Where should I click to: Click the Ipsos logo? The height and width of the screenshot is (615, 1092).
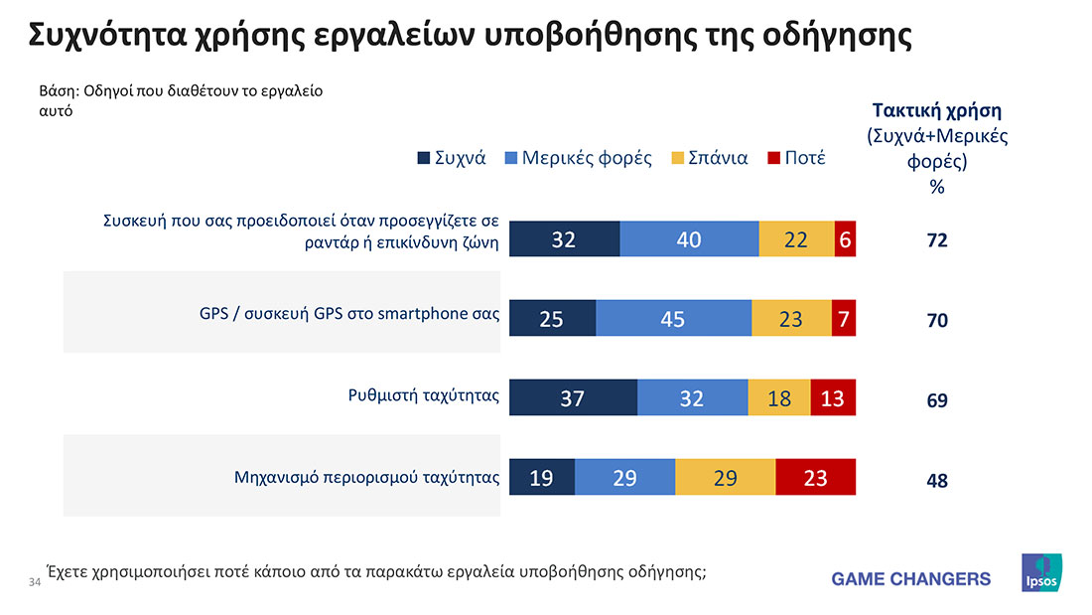click(x=1041, y=573)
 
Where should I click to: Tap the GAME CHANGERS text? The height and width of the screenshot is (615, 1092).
click(x=910, y=578)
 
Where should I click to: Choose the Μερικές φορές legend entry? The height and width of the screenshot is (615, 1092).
click(x=587, y=158)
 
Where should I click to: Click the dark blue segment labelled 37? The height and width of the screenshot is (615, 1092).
click(x=573, y=397)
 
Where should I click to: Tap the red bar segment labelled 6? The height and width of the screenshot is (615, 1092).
click(x=845, y=238)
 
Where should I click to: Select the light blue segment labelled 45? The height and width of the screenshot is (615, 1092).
click(x=673, y=319)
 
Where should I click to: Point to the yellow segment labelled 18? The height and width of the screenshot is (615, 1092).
click(x=779, y=397)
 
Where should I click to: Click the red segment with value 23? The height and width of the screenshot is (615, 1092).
click(x=815, y=478)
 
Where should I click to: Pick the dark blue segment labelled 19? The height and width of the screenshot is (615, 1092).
click(x=542, y=478)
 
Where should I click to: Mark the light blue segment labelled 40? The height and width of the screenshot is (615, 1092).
click(x=689, y=238)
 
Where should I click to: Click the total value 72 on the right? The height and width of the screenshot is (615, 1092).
click(x=937, y=240)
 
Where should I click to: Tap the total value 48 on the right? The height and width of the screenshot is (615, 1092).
click(x=937, y=481)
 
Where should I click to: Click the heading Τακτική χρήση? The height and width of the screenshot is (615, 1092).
click(x=936, y=110)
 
